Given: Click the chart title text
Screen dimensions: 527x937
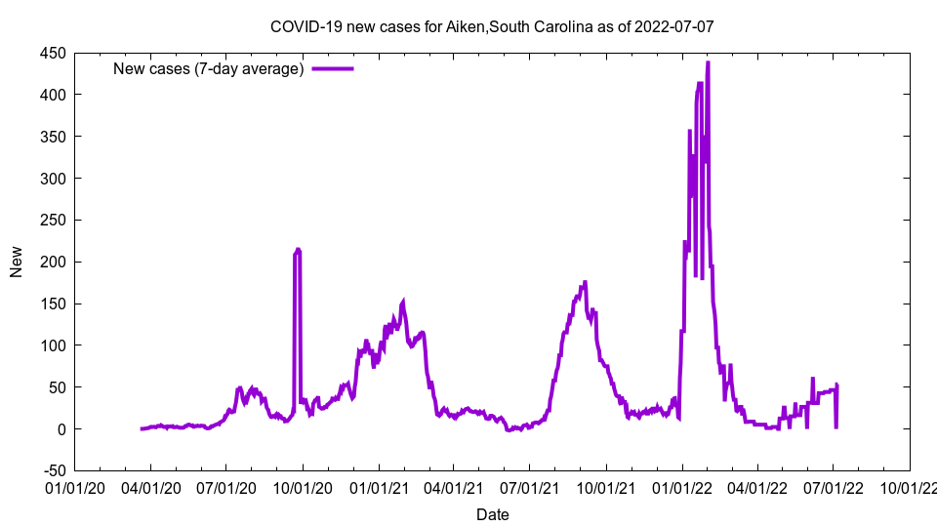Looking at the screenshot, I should [x=492, y=26].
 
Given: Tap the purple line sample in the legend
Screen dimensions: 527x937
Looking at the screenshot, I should [x=333, y=68].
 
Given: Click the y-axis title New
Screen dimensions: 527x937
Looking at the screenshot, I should [x=17, y=263].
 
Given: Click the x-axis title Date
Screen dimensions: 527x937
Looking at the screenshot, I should [x=492, y=514].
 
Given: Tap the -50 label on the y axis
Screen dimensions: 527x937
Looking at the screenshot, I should [x=52, y=471].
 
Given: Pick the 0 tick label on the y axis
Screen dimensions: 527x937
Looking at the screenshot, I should [x=60, y=429].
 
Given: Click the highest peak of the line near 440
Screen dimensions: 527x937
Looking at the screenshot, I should [x=708, y=62].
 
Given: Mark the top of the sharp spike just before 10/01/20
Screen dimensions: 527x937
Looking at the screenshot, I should [x=298, y=250].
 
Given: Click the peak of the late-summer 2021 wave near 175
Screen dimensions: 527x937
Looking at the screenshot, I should [x=585, y=282].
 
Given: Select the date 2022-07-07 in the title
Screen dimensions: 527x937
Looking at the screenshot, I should [x=673, y=26].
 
